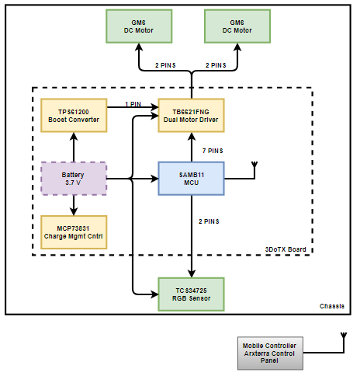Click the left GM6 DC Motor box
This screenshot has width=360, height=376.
[x=139, y=26]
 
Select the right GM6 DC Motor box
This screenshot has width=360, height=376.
[x=237, y=26]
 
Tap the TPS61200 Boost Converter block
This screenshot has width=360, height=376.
[x=74, y=116]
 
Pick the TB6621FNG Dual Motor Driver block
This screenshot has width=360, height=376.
[x=191, y=116]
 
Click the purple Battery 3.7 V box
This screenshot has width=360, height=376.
[x=74, y=179]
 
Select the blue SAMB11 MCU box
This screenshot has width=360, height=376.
[x=191, y=179]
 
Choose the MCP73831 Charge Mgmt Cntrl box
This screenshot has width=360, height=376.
[x=74, y=232]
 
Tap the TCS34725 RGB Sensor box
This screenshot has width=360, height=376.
[x=191, y=294]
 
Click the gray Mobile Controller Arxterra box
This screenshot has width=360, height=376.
[x=270, y=353]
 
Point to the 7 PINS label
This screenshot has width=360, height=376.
[x=213, y=151]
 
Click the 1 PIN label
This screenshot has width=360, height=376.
[x=133, y=104]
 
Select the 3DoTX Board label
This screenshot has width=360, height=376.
[x=286, y=249]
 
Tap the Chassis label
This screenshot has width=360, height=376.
[x=332, y=306]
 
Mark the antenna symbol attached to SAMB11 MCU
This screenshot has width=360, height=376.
[x=254, y=165]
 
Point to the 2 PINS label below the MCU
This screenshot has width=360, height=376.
[x=209, y=221]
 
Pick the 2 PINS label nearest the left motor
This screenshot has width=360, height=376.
[x=165, y=65]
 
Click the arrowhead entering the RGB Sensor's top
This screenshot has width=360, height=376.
[x=192, y=273]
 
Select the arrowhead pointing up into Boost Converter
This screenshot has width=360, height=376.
[x=74, y=137]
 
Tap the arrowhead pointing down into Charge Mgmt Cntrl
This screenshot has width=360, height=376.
[x=74, y=211]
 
